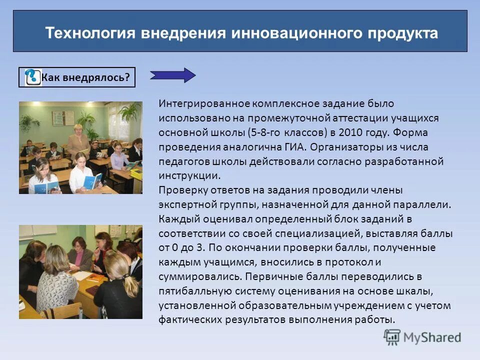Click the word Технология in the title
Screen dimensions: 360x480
tap(88, 33)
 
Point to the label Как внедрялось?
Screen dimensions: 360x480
tap(85, 77)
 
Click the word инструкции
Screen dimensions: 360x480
tap(189, 176)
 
